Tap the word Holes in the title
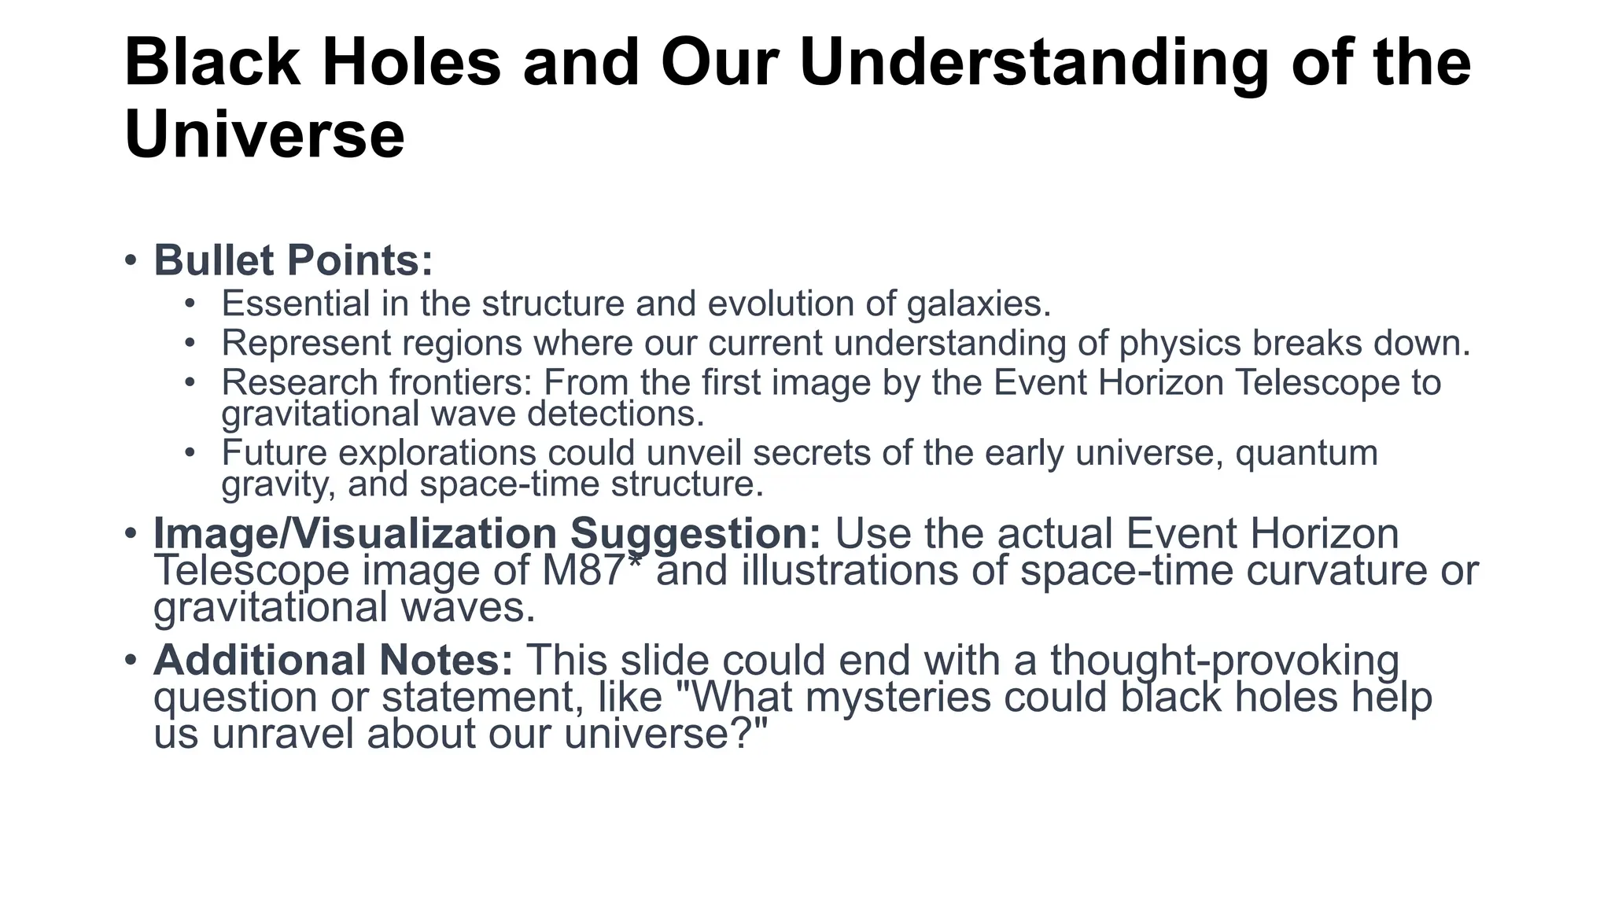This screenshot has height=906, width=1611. coord(411,63)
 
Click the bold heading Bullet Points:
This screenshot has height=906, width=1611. coord(293,260)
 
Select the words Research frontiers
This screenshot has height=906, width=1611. coord(377,383)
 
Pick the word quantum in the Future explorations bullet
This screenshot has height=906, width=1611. coord(1307,453)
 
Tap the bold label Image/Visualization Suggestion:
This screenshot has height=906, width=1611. coord(487,534)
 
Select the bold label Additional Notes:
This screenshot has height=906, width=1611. coord(333,660)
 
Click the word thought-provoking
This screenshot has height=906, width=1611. coord(1224,660)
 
